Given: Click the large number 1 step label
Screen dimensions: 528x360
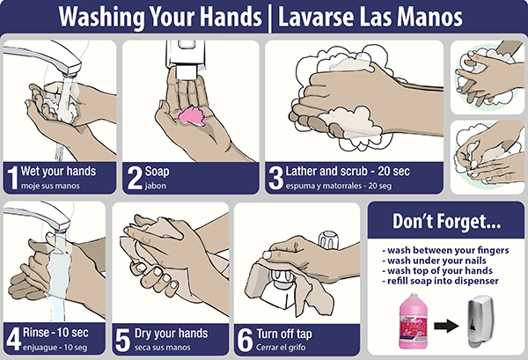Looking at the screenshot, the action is pos(12,178).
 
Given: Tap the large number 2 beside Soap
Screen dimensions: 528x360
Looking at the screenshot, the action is pos(135,178).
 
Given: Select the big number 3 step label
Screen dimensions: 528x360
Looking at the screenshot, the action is pos(276,178).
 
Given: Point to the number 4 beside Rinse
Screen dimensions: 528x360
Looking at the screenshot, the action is pos(14,339).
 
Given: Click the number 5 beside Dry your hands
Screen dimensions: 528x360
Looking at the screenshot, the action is pos(122,340).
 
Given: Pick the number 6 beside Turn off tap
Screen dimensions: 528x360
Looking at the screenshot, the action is pos(245,340).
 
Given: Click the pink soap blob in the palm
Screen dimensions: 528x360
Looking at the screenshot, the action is pos(192,115).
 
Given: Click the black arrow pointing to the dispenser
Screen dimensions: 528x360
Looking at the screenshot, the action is pos(446,326).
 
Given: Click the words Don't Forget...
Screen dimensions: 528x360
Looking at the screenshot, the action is pos(446,221).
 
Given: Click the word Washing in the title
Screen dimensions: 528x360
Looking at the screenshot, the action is pos(102,17).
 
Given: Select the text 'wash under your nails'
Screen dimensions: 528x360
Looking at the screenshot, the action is pos(435,261).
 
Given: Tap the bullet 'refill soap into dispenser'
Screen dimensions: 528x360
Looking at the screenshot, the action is pos(441,281).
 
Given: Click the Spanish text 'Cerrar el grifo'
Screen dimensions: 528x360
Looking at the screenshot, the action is pos(281,347).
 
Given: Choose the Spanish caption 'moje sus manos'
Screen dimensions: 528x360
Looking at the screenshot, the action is pos(50,186).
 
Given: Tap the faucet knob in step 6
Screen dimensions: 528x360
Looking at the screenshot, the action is pos(328,239).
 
